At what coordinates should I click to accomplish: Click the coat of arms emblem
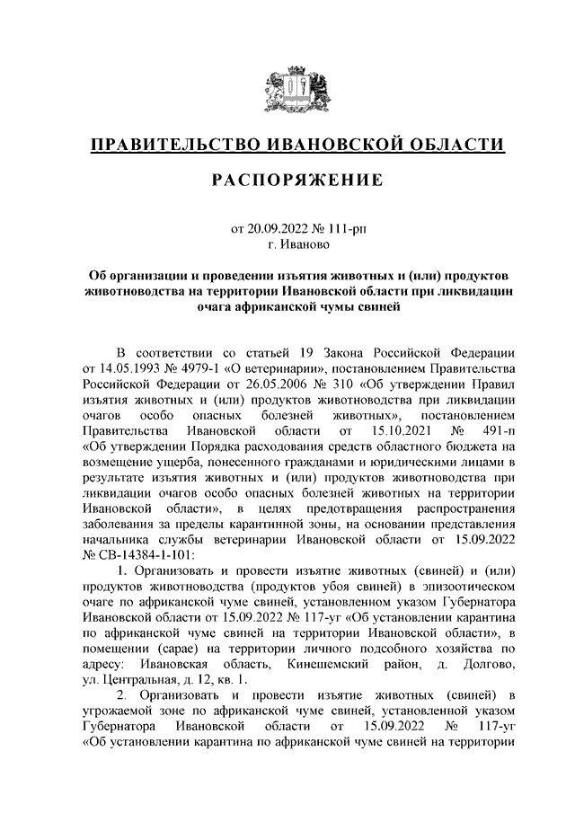coord(287,90)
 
